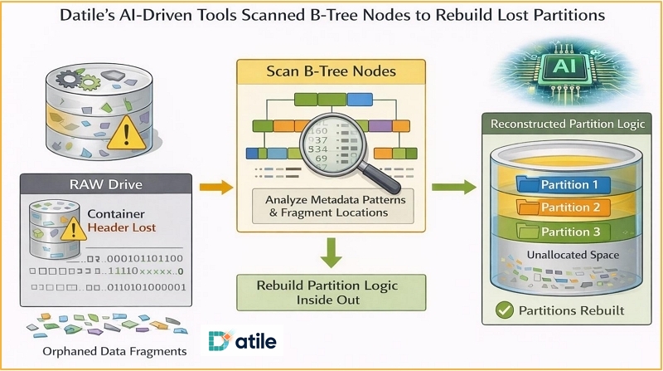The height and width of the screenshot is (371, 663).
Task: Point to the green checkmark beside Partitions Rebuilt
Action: tap(503, 312)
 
